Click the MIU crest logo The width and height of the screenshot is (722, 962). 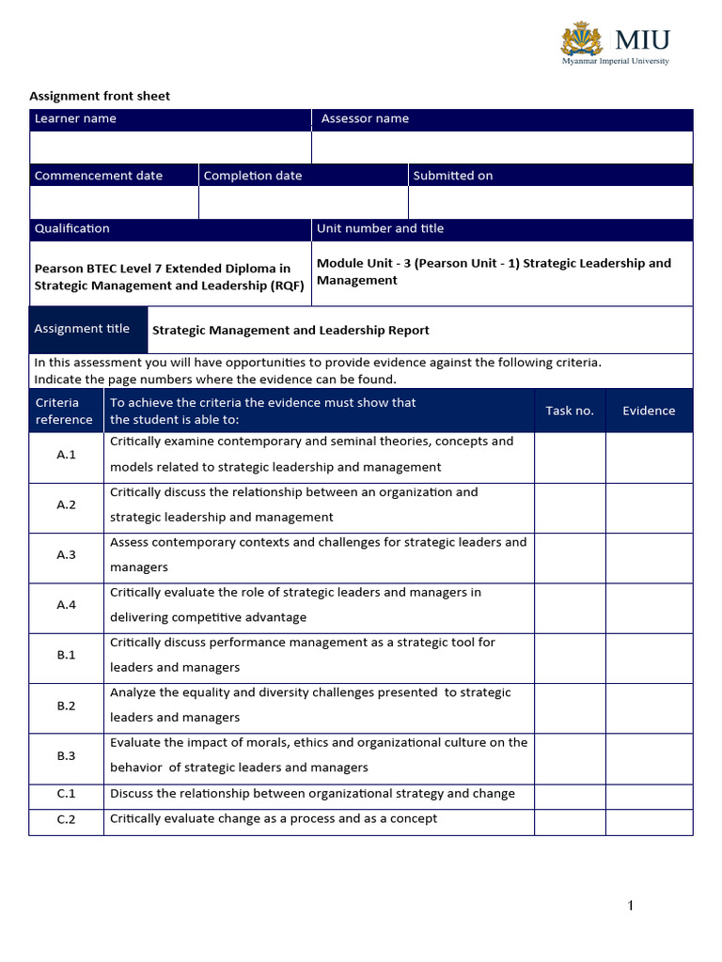(x=582, y=39)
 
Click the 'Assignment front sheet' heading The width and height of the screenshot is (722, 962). (x=100, y=96)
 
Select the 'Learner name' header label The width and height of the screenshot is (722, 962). (x=75, y=119)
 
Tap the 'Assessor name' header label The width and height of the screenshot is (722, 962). (x=365, y=119)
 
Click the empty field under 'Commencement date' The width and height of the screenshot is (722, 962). (x=114, y=202)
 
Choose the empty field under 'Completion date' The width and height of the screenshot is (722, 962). (x=303, y=202)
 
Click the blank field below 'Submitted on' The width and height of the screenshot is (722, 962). (x=550, y=202)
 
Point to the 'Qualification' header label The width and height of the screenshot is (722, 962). (x=72, y=229)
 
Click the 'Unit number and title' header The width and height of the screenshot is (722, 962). (x=380, y=229)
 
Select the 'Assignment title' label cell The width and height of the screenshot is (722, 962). (x=83, y=329)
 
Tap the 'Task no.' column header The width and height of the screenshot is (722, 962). (x=570, y=411)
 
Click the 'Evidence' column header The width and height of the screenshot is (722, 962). (x=649, y=411)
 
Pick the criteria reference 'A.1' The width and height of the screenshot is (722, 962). (x=66, y=455)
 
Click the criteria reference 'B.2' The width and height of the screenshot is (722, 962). (x=66, y=706)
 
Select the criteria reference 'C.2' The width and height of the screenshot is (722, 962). (x=66, y=819)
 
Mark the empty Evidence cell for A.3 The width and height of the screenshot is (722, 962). (x=649, y=555)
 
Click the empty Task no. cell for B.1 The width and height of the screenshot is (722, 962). (x=570, y=656)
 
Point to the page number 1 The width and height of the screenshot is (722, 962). (x=631, y=906)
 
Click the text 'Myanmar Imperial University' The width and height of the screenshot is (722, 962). (x=616, y=61)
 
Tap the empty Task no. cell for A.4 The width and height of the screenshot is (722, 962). (x=570, y=605)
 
